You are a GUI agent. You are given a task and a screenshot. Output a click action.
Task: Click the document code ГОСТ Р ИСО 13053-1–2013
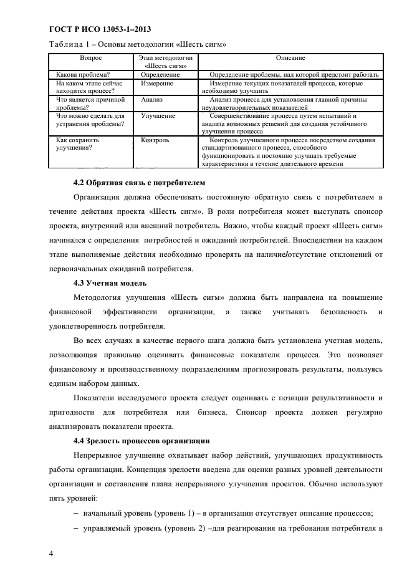(x=99, y=29)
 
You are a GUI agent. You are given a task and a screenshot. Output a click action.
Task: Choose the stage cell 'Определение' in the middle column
(x=160, y=75)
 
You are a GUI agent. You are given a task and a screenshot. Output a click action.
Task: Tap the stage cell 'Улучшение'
(x=158, y=116)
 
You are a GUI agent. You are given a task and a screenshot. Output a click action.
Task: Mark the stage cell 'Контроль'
(x=155, y=140)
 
